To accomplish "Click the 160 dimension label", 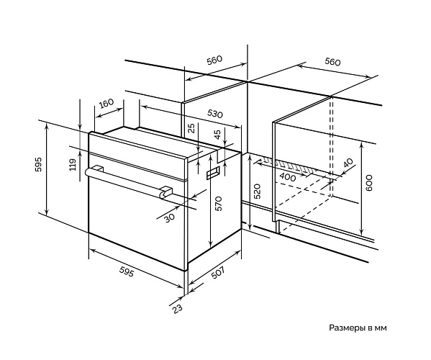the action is [106, 104].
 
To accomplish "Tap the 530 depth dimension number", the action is [214, 114].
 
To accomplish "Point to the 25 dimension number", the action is [192, 128].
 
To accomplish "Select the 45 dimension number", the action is [217, 135].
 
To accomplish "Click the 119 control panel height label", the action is [73, 164].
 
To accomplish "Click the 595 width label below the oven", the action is [127, 272].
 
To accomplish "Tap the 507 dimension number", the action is [217, 273].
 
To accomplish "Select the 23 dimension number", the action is [177, 308].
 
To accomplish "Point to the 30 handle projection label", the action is [169, 217].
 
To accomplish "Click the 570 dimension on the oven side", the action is [218, 203].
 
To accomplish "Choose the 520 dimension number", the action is [257, 192].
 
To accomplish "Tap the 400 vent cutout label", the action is [288, 177].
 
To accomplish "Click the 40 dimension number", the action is [348, 163].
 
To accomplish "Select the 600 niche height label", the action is [368, 182].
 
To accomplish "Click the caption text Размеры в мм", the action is [358, 328].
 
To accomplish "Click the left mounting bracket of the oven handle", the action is [97, 168].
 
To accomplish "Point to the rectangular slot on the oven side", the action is [213, 173].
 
